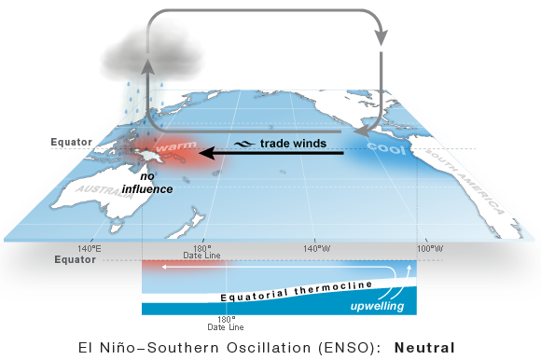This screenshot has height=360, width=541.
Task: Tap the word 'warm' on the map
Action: click(x=176, y=146)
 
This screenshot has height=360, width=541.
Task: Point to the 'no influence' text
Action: click(x=156, y=182)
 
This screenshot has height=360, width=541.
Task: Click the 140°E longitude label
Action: click(x=90, y=248)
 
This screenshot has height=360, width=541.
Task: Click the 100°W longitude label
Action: click(x=430, y=248)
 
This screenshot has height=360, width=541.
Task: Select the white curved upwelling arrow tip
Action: click(x=408, y=270)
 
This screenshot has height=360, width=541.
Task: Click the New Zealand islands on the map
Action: click(x=192, y=224)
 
